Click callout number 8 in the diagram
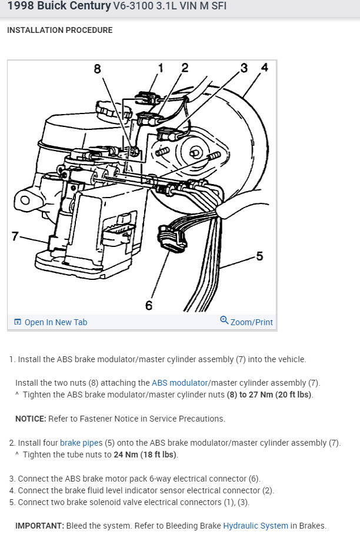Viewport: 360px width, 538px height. [x=98, y=69]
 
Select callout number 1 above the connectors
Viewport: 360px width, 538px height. [x=160, y=68]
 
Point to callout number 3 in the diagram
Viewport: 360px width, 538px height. [x=244, y=68]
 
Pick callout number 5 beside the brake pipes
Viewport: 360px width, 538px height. [x=259, y=256]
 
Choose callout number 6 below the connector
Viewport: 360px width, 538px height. [x=149, y=305]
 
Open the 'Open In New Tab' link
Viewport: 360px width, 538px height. [x=55, y=322]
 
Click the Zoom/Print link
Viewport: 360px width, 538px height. [x=251, y=322]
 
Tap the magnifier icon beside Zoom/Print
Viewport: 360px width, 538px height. [x=224, y=320]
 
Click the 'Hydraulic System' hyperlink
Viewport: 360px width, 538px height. [x=256, y=526]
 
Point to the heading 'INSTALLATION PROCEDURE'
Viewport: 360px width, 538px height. [x=59, y=30]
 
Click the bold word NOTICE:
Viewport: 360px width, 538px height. [x=31, y=419]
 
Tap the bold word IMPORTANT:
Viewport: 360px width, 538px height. [x=39, y=526]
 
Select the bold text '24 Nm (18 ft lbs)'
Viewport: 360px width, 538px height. [x=143, y=455]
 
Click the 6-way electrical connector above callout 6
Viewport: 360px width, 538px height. [x=171, y=240]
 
